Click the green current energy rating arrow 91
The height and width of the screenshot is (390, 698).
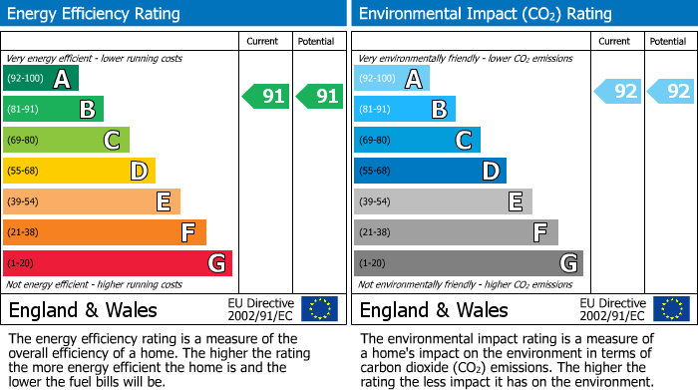pos(265,97)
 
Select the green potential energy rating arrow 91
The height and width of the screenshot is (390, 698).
pos(319,97)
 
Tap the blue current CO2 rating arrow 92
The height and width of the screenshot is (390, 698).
pos(617,92)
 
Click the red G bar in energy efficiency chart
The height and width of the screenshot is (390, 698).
pos(117,263)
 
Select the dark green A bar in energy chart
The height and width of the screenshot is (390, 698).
pos(40,78)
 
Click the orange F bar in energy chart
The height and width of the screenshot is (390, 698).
pos(104,232)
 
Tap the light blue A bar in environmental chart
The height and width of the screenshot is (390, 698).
pos(391,78)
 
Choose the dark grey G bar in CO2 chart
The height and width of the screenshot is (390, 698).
pos(468,263)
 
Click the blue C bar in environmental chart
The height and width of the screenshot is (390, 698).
pos(417,140)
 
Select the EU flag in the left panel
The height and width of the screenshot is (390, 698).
pos(319,309)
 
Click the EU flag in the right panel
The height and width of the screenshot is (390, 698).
pos(670,309)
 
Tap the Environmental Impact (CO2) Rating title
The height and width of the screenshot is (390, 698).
pos(485,14)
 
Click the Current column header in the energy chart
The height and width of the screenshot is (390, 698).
pos(264,41)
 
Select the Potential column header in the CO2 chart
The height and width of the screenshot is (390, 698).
pos(668,41)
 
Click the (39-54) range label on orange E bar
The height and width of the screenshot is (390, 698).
pos(23,201)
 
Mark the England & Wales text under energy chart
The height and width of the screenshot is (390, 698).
pos(77,309)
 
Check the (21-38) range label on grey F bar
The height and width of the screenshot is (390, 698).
pos(374,232)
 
